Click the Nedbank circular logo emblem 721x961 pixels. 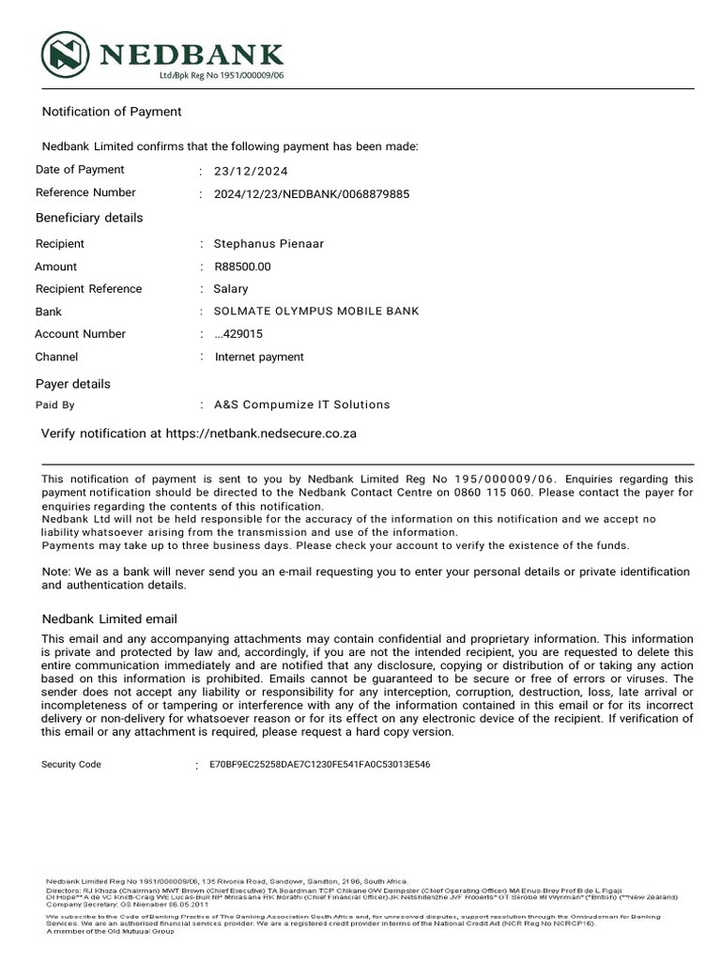(x=65, y=54)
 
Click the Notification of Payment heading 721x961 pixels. (x=112, y=112)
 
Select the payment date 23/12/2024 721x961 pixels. (x=251, y=172)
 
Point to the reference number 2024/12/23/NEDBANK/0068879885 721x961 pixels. (x=312, y=194)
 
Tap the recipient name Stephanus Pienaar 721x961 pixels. (x=268, y=244)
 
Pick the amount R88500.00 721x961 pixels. (x=242, y=267)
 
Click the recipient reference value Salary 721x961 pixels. (x=231, y=289)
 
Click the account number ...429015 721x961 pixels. (x=238, y=334)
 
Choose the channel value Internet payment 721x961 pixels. (x=259, y=357)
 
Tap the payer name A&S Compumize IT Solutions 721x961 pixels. (x=301, y=405)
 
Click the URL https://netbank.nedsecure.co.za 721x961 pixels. (x=261, y=435)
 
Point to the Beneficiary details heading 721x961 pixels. (x=89, y=218)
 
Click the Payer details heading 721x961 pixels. (x=73, y=384)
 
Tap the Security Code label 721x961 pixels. (x=71, y=765)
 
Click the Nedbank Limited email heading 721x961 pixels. (x=110, y=619)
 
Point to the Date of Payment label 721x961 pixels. (x=80, y=170)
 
